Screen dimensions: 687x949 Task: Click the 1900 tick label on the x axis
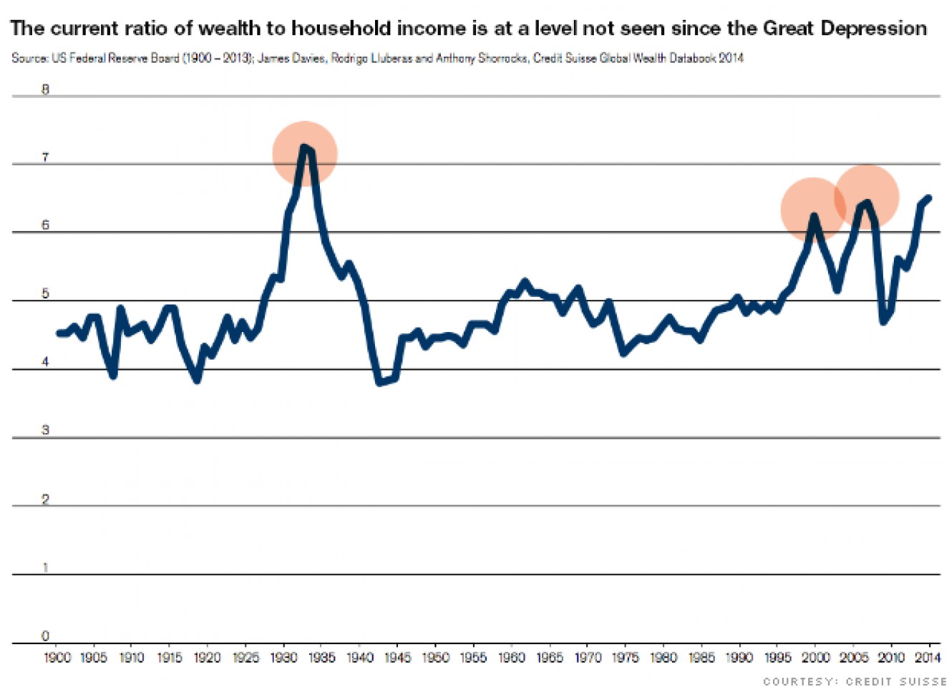[x=57, y=657]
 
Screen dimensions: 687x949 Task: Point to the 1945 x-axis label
[x=397, y=657]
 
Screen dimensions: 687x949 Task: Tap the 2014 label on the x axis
[x=928, y=657]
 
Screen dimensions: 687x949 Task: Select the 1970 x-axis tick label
[x=588, y=657]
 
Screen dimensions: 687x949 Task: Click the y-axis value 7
[x=45, y=157]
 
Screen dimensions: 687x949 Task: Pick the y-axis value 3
[x=45, y=430]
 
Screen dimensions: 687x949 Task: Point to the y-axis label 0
[x=45, y=635]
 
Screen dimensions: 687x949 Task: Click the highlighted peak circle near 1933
[x=305, y=153]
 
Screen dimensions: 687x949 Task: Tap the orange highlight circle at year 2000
[x=812, y=209]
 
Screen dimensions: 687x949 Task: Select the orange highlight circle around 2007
[x=866, y=197]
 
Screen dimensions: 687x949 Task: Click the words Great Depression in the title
[x=845, y=29]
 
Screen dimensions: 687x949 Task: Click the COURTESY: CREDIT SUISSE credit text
[x=855, y=681]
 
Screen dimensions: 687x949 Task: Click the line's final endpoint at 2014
[x=929, y=198]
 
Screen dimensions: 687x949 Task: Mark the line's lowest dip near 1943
[x=380, y=383]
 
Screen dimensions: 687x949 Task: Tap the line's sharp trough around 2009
[x=884, y=321]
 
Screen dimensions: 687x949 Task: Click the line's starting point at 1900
[x=59, y=333]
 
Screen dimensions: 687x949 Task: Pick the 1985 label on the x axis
[x=701, y=657]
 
